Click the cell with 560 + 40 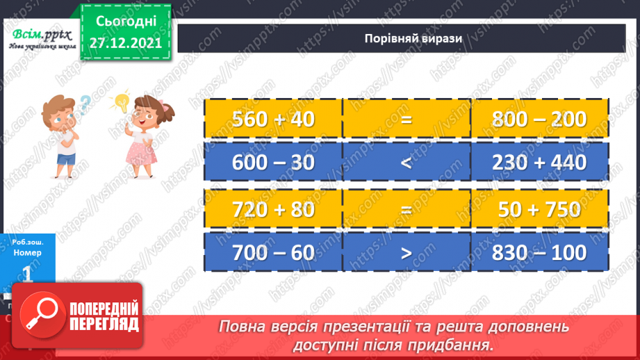click(x=274, y=119)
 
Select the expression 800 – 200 click(x=539, y=119)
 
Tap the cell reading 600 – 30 click(x=274, y=162)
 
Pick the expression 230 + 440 click(x=539, y=162)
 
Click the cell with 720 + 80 click(x=274, y=209)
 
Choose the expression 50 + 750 click(x=539, y=209)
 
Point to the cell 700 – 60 click(x=274, y=252)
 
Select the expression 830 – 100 click(x=539, y=252)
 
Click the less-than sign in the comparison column click(x=407, y=162)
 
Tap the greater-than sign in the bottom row click(x=407, y=252)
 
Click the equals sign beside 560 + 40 click(x=407, y=119)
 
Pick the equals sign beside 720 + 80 click(x=407, y=209)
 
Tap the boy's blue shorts click(x=65, y=161)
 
